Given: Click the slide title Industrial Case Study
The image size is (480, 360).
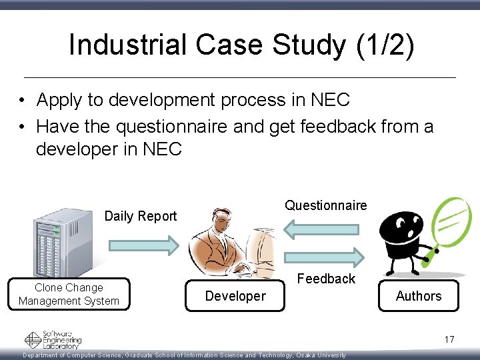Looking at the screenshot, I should pyautogui.click(x=241, y=45).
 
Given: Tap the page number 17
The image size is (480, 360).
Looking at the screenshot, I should pyautogui.click(x=449, y=340).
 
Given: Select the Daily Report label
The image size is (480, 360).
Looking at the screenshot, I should pyautogui.click(x=141, y=216).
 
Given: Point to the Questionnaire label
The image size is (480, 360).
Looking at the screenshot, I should pyautogui.click(x=325, y=205).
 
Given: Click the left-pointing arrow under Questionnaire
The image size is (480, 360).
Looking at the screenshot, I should pyautogui.click(x=324, y=229).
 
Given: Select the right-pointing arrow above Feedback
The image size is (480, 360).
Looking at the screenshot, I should pyautogui.click(x=324, y=256).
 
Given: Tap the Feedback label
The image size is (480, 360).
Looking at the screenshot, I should pyautogui.click(x=326, y=279).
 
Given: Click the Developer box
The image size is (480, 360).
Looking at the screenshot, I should pyautogui.click(x=235, y=296).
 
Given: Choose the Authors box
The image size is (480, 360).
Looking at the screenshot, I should pyautogui.click(x=418, y=296).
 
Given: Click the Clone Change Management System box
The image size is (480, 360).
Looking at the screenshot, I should pyautogui.click(x=69, y=295).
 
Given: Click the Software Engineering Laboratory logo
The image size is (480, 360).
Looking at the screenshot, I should pyautogui.click(x=53, y=340).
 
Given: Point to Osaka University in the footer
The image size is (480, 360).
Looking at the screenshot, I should pyautogui.click(x=321, y=355).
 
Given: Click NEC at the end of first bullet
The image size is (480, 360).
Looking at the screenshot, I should pyautogui.click(x=330, y=100).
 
